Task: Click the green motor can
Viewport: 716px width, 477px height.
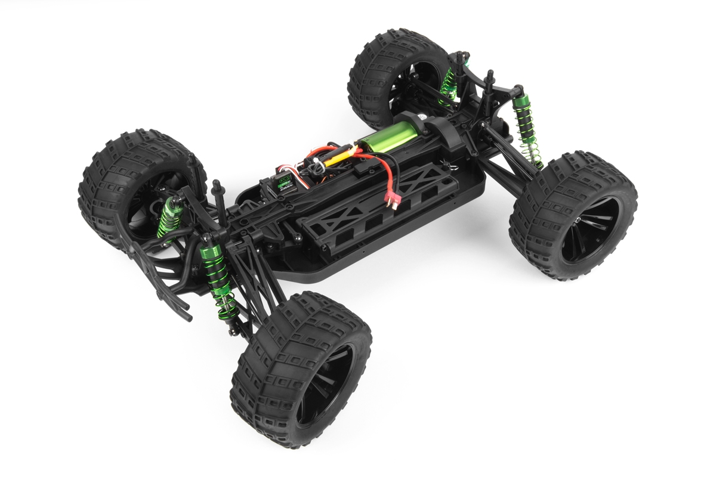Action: click(388, 133)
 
